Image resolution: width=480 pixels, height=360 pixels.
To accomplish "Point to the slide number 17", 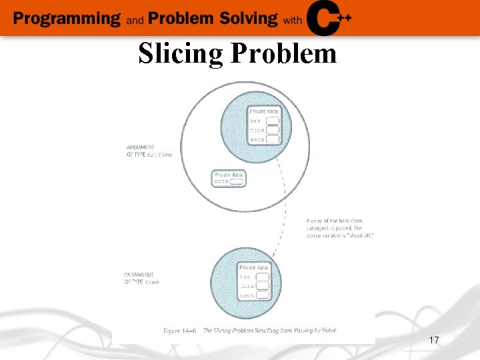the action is (x=433, y=341).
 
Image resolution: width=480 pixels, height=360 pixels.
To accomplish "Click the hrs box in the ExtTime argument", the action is (x=272, y=121).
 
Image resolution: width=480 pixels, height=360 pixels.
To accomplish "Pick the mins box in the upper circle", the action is (x=272, y=130).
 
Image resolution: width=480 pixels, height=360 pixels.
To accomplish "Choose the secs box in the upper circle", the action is (x=272, y=139).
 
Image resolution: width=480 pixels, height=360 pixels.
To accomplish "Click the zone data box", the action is (x=237, y=181).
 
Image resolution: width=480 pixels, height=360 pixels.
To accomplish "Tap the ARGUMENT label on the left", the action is (x=140, y=147).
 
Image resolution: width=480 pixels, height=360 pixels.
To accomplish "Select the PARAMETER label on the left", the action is (x=139, y=274).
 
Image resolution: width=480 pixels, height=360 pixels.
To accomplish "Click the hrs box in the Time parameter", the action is (x=262, y=277).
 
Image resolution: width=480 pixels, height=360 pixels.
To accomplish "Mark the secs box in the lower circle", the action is (x=262, y=294).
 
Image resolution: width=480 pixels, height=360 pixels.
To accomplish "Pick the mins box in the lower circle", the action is (x=262, y=285).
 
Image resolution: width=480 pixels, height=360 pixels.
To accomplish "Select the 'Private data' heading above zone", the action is (x=229, y=175).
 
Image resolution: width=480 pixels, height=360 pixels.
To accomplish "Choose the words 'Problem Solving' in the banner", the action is (x=213, y=18).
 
